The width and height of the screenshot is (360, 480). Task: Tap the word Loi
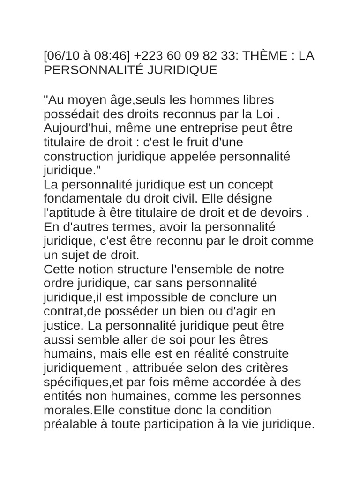pos(267,114)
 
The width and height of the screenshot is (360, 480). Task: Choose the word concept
pos(248,185)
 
